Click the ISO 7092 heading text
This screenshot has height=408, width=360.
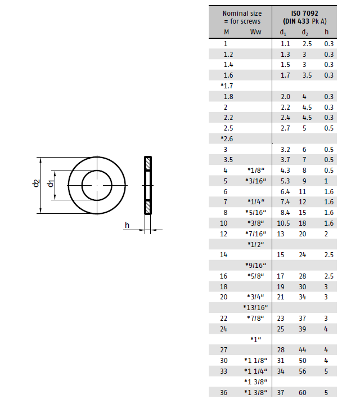coord(304,14)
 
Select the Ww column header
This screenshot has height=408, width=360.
coord(255,32)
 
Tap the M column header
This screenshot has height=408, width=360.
coord(226,32)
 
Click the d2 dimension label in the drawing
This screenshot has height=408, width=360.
coord(36,183)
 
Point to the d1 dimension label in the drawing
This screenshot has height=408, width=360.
coord(51,183)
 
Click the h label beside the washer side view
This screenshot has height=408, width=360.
coord(127,225)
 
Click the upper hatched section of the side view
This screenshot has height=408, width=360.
coord(148,164)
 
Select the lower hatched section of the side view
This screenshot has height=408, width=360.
coord(148,207)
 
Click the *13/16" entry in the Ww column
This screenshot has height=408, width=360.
coord(255,308)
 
